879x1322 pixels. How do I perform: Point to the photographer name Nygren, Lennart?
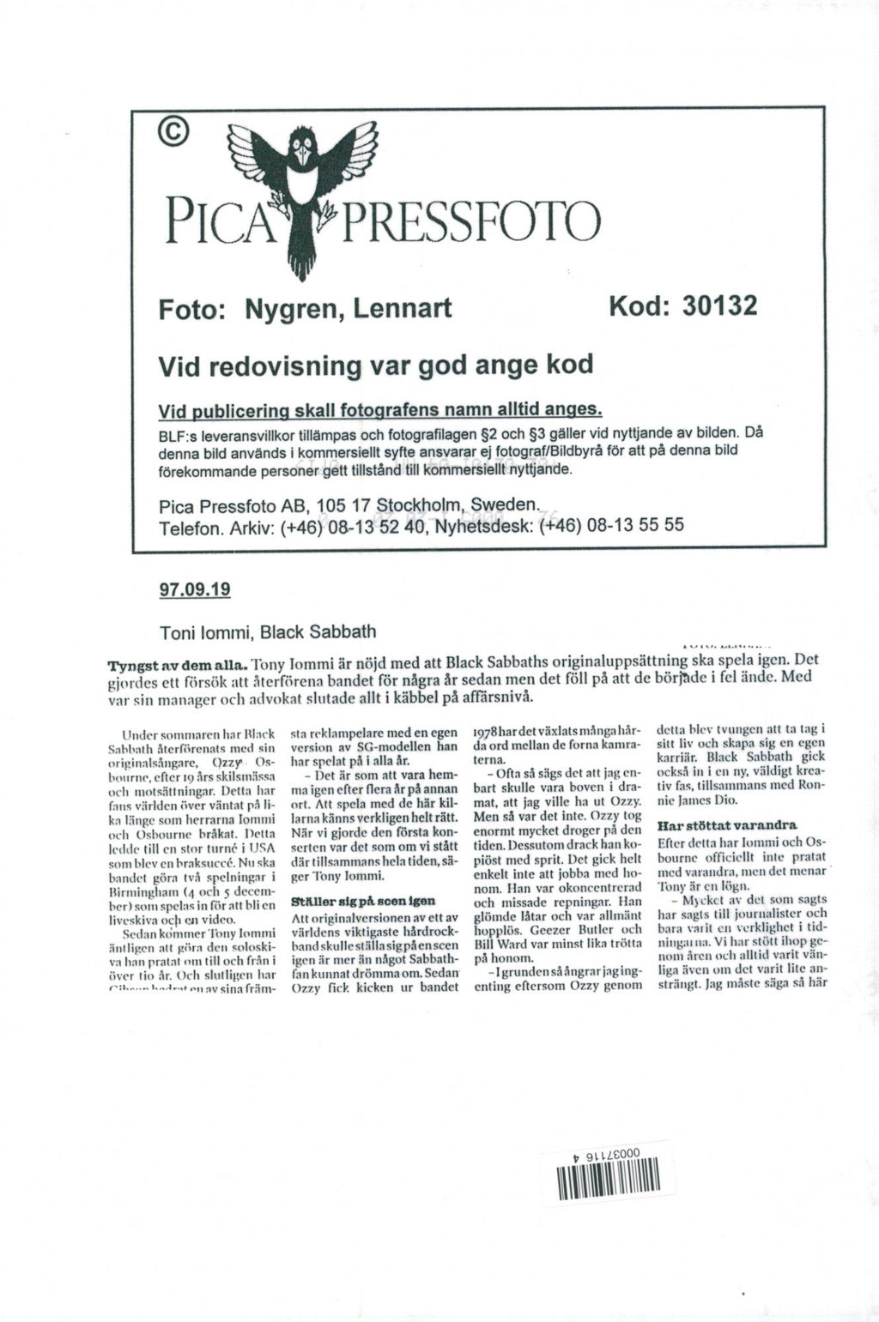pyautogui.click(x=349, y=308)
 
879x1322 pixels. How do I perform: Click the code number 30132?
pyautogui.click(x=718, y=305)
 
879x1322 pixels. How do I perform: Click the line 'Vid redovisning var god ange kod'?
pyautogui.click(x=376, y=365)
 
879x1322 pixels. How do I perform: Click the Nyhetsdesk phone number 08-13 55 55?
pyautogui.click(x=635, y=524)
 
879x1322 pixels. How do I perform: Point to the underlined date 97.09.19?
pyautogui.click(x=196, y=590)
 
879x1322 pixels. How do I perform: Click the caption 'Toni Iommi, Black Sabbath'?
pyautogui.click(x=268, y=632)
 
